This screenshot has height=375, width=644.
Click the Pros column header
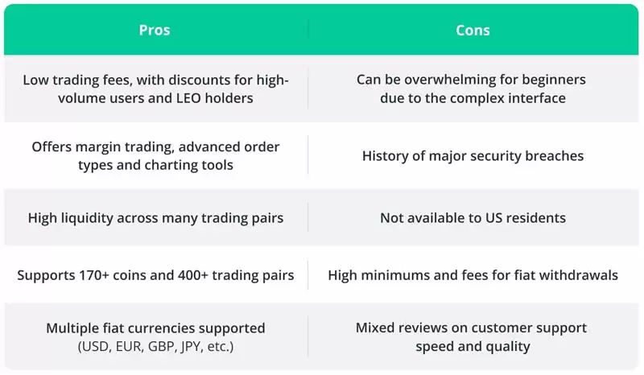pos(155,31)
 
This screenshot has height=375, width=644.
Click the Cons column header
pos(473,31)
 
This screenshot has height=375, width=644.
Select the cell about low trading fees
pos(155,89)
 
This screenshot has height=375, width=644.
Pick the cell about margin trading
pos(155,155)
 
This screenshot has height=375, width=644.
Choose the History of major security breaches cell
pos(473,156)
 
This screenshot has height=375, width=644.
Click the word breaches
pos(555,156)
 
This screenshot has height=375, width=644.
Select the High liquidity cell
pos(155,217)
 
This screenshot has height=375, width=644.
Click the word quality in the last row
pos(508,347)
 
